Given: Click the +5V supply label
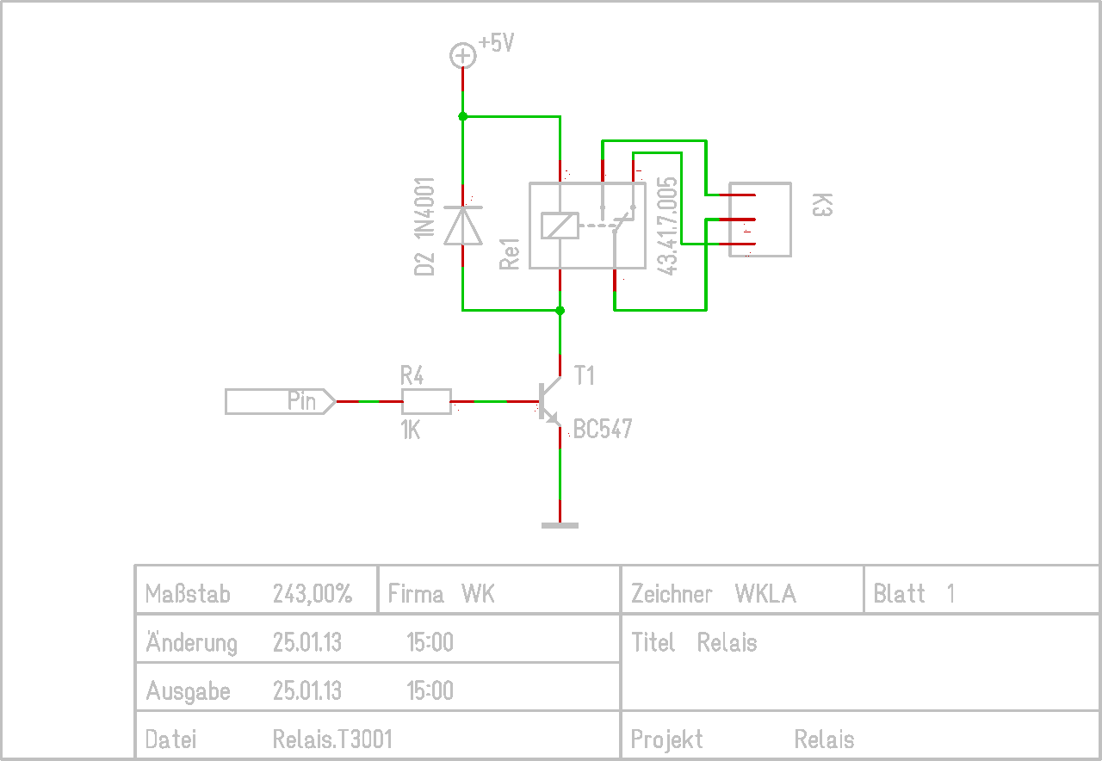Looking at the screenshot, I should [x=497, y=43].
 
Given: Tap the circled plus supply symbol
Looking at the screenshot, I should [x=462, y=56].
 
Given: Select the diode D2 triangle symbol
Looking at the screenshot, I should [x=462, y=226].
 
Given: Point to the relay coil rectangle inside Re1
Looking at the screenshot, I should [x=560, y=226].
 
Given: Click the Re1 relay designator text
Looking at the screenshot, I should [x=511, y=253].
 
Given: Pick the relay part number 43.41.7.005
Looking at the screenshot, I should [x=668, y=226].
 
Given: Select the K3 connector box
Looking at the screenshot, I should [x=759, y=220].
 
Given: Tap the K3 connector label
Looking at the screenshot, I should [x=822, y=206].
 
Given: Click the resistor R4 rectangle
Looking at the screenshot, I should [x=426, y=402].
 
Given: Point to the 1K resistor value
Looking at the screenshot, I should [x=411, y=430].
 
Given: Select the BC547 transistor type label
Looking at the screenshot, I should [x=603, y=429].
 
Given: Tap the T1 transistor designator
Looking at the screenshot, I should [x=585, y=376].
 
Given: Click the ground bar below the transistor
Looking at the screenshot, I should [x=560, y=524].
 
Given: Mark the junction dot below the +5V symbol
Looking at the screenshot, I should [x=462, y=116].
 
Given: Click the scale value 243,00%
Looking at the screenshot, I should [x=313, y=593].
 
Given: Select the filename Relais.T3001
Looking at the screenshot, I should [x=332, y=739].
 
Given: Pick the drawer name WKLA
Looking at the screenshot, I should [x=765, y=593].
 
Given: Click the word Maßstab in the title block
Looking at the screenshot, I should [x=188, y=593].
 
